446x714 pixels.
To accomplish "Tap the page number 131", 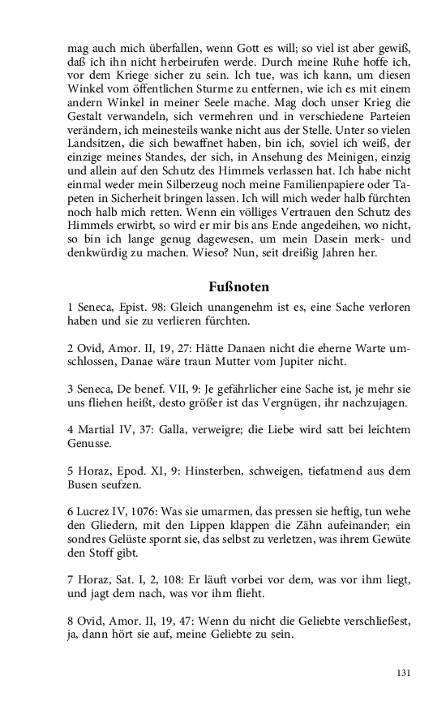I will [404, 673].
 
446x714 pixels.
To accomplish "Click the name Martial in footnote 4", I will [95, 429].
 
